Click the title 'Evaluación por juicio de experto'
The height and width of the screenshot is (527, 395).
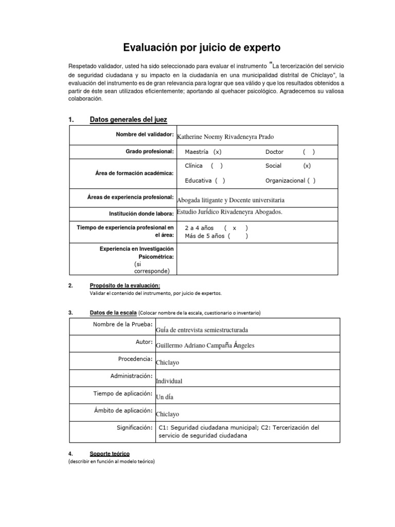tap(202, 48)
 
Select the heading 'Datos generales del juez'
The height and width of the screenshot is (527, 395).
tap(128, 120)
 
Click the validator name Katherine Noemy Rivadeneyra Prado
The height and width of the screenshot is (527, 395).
tap(225, 137)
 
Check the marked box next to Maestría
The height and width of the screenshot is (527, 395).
tap(218, 152)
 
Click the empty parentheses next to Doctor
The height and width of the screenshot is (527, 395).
tap(309, 152)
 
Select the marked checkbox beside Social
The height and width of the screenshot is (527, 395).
tap(307, 166)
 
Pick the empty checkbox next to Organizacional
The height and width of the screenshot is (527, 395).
tap(311, 181)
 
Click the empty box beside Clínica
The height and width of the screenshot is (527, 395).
tap(217, 166)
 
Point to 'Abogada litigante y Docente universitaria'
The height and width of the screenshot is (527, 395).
tap(230, 200)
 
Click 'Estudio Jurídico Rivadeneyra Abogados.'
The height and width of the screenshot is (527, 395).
tap(229, 212)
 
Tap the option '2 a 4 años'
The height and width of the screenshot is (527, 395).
tap(199, 228)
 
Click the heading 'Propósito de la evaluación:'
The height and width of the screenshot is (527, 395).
tap(125, 286)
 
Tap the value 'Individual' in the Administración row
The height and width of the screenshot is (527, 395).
tap(169, 381)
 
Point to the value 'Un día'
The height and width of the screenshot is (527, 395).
tap(165, 397)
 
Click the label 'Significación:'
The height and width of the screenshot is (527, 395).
tap(134, 428)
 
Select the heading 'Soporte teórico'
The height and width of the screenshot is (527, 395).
tap(110, 454)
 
